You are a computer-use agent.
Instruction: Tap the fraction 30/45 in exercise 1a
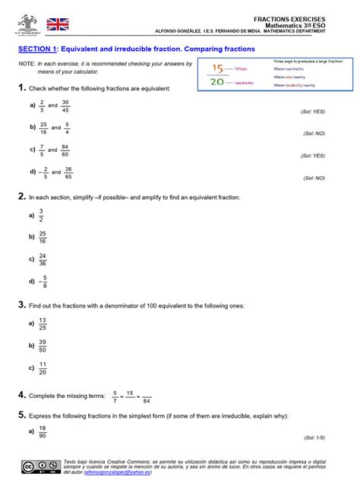pyautogui.click(x=65, y=106)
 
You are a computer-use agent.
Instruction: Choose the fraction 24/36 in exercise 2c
pyautogui.click(x=43, y=259)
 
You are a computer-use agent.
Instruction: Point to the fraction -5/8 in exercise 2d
pyautogui.click(x=44, y=281)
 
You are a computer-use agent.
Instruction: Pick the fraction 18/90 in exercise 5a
pyautogui.click(x=43, y=431)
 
